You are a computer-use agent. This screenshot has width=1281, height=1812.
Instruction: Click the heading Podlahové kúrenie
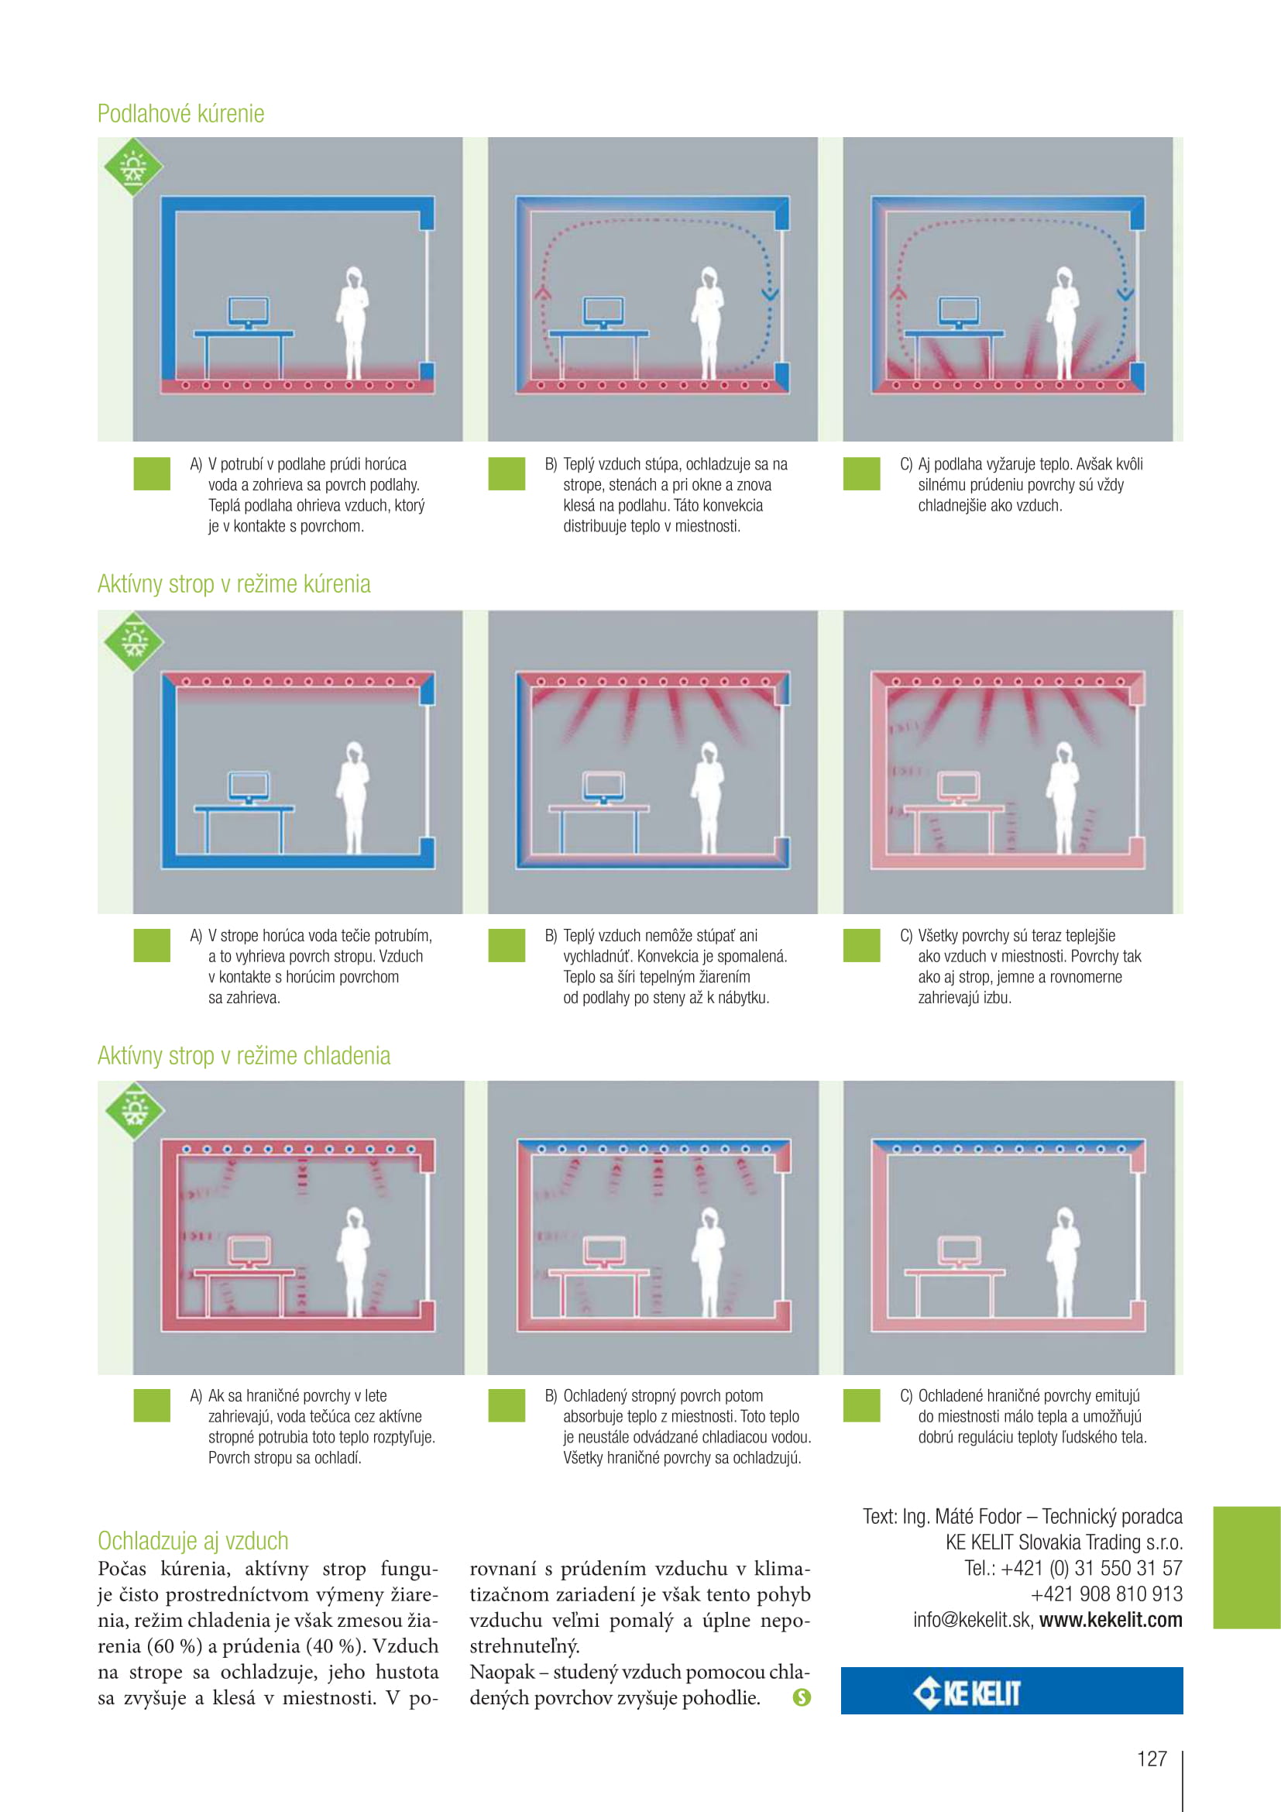tap(180, 114)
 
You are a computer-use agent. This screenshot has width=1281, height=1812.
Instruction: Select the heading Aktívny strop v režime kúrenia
tap(233, 584)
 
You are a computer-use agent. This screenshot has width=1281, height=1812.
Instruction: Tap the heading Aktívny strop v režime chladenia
tap(244, 1056)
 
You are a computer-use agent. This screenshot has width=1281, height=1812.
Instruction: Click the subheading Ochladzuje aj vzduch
tap(194, 1541)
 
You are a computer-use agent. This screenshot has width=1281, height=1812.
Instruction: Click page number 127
tap(1152, 1759)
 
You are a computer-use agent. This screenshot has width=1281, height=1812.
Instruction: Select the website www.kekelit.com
tap(1111, 1620)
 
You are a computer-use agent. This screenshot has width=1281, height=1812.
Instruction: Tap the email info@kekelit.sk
tap(972, 1620)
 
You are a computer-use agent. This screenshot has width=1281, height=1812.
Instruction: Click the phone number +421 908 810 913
tap(1107, 1594)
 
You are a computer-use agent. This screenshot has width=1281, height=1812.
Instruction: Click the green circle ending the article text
tap(802, 1697)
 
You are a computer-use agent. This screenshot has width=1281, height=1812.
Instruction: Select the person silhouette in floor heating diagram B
tap(708, 324)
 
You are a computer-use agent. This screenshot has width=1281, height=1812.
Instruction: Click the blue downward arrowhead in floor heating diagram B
tap(770, 294)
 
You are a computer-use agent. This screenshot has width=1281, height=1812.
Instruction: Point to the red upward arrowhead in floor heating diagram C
tap(898, 292)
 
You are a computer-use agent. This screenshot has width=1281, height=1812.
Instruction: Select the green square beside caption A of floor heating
tap(153, 473)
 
